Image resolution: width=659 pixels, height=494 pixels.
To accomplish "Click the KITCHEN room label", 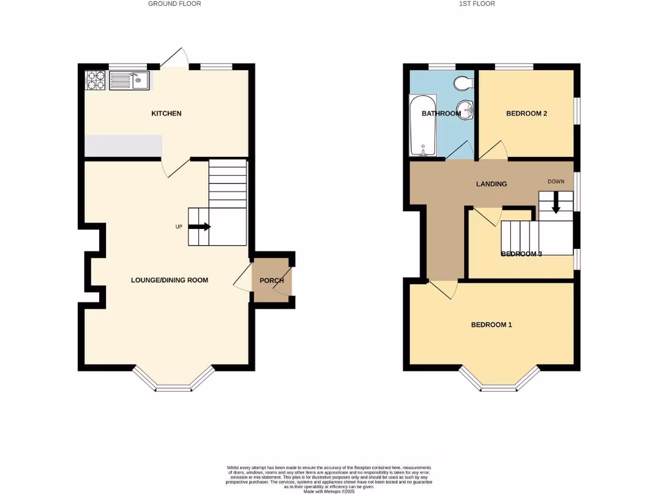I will (x=166, y=114).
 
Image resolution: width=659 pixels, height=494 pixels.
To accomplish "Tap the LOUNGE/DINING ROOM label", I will (x=169, y=280).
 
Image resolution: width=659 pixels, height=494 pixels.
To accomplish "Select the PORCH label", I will (x=272, y=280).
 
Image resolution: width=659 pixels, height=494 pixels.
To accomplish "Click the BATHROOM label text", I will (x=441, y=114).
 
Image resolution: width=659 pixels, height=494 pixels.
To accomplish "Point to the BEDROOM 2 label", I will (x=526, y=114).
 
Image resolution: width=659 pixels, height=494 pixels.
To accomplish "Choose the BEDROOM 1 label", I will (x=492, y=325).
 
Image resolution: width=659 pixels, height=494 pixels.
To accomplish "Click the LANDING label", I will (x=491, y=184).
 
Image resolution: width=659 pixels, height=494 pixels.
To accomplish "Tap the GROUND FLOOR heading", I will (x=174, y=4).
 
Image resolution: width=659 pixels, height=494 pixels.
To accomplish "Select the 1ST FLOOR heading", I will (x=477, y=4).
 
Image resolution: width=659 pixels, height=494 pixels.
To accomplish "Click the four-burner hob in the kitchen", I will (x=96, y=80).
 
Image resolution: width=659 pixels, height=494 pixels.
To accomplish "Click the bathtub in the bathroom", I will (x=423, y=125).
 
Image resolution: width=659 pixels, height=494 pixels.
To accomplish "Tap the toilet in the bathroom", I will (x=463, y=83).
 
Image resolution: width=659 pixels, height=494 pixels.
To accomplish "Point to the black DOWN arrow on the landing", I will (x=555, y=202).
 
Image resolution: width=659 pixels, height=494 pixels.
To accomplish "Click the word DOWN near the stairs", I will (x=555, y=181).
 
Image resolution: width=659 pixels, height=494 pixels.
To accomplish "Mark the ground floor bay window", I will (x=174, y=381).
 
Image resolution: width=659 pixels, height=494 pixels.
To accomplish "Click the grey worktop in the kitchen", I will (x=123, y=146).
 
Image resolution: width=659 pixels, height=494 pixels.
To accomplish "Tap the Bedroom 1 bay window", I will (x=499, y=381).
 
